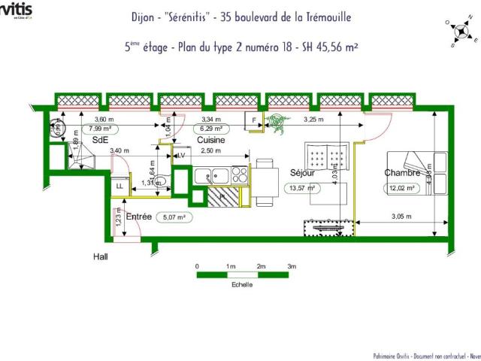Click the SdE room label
100,141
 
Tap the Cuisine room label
212,141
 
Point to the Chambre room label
401,173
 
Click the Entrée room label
139,217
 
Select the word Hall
100,256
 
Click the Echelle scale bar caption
242,285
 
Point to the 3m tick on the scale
292,266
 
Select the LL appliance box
119,187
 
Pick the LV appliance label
181,155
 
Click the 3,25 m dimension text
313,120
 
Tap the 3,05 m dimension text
402,217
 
